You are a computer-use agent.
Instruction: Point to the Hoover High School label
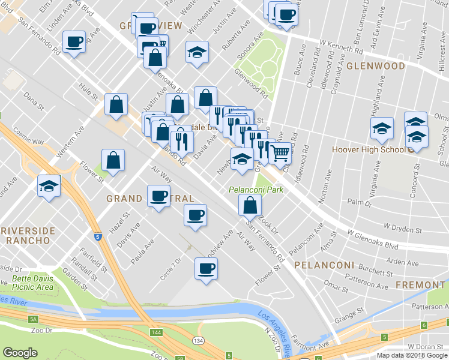pos(373,149)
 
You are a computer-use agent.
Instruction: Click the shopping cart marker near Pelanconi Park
pos(280,153)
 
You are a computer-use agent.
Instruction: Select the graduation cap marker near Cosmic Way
pos(49,185)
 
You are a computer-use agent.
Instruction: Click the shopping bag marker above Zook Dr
pos(250,206)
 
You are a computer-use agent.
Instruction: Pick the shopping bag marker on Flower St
pos(113,160)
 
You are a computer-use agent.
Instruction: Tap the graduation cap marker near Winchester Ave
pos(196,52)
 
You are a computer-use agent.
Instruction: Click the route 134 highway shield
pos(197,341)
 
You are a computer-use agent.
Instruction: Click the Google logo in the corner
pos(20,353)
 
